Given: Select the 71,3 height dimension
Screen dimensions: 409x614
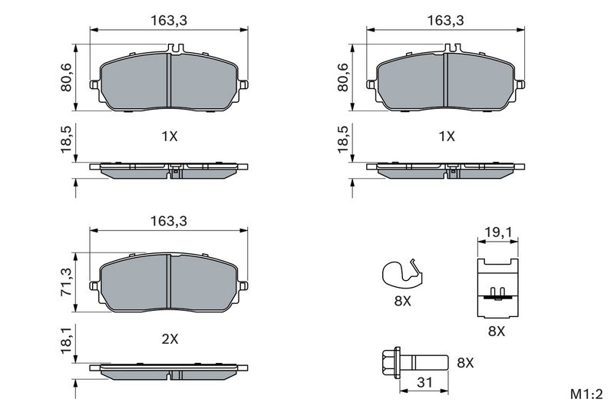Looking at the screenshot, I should (x=67, y=282).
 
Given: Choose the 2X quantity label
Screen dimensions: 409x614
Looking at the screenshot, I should (x=169, y=337).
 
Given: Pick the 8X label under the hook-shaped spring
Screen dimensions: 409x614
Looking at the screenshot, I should (x=402, y=302).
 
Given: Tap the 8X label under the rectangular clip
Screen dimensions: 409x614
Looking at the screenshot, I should (x=496, y=331).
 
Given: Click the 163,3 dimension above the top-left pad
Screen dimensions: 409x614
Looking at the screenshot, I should (x=170, y=21).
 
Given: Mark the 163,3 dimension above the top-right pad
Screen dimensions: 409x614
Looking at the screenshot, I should (x=447, y=21).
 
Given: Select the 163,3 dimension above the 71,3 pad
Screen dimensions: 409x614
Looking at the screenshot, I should (x=170, y=219).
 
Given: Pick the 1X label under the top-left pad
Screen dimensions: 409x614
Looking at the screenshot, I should (x=169, y=137).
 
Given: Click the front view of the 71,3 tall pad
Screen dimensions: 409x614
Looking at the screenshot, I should (x=170, y=282).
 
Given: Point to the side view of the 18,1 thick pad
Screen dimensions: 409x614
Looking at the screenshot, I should (x=170, y=371).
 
